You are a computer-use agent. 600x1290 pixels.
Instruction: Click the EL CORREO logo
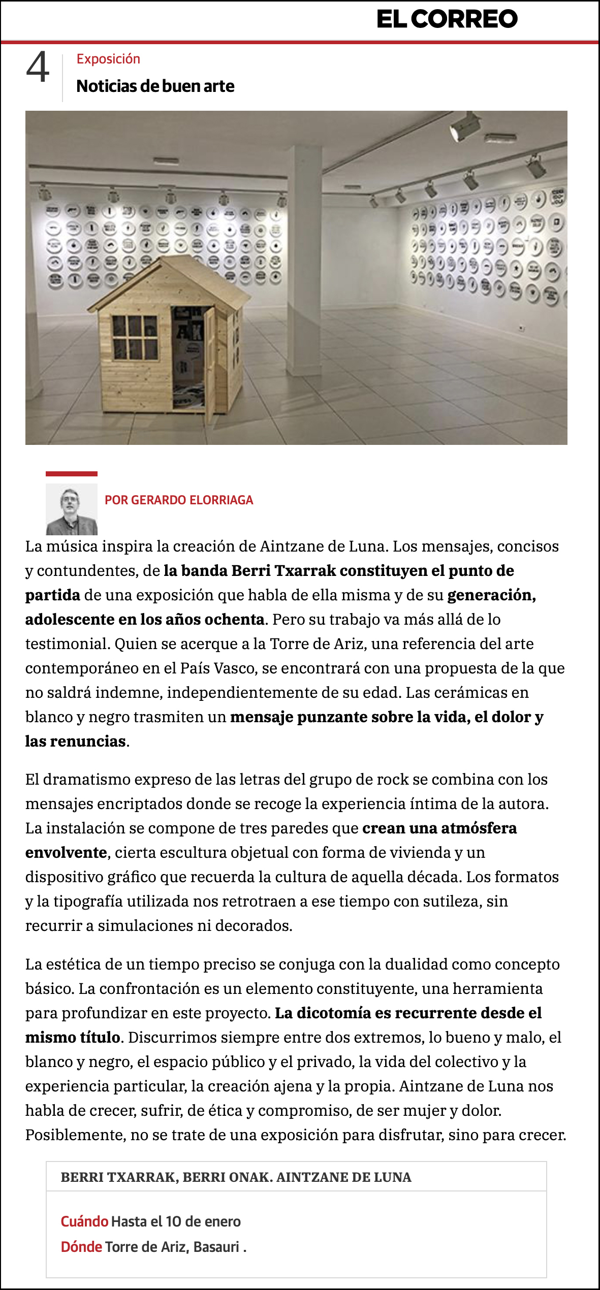[x=447, y=19]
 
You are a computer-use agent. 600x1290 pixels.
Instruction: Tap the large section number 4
[x=38, y=68]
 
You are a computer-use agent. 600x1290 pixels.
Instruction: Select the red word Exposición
[x=108, y=59]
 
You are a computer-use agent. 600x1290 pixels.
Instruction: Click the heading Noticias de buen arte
[x=155, y=86]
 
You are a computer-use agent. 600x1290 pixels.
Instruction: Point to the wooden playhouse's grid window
[x=135, y=337]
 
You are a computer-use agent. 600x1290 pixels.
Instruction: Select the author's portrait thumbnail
[x=72, y=509]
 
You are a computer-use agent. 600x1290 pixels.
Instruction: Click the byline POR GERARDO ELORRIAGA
[x=179, y=500]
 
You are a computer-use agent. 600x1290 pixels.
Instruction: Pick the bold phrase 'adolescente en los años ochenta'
[x=145, y=620]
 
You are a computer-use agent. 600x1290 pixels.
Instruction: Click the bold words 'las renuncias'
[x=76, y=741]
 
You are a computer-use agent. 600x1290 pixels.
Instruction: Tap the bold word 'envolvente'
[x=67, y=853]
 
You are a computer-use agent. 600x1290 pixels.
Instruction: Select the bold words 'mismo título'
[x=73, y=1037]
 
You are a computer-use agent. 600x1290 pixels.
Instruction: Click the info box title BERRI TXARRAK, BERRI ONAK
[x=236, y=1177]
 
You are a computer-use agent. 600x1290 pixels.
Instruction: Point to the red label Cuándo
[x=84, y=1221]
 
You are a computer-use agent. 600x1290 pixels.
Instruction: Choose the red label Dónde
[x=81, y=1247]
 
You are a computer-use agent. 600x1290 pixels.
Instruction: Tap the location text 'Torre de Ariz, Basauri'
[x=172, y=1247]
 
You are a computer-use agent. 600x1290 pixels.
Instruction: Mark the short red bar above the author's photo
[x=72, y=474]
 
